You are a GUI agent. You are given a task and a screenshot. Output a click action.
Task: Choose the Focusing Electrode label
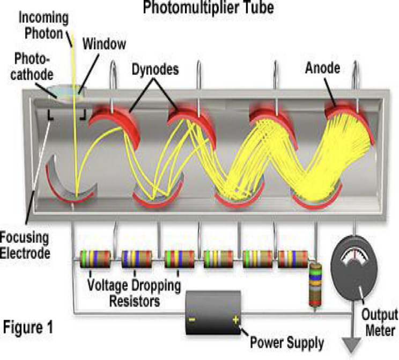(24, 243)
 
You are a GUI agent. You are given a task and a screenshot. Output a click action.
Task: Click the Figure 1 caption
(34, 326)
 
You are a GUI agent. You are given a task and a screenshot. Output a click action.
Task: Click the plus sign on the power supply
(234, 320)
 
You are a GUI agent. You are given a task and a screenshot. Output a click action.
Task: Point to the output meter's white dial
(357, 252)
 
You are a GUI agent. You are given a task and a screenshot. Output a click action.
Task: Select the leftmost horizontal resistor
(95, 259)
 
